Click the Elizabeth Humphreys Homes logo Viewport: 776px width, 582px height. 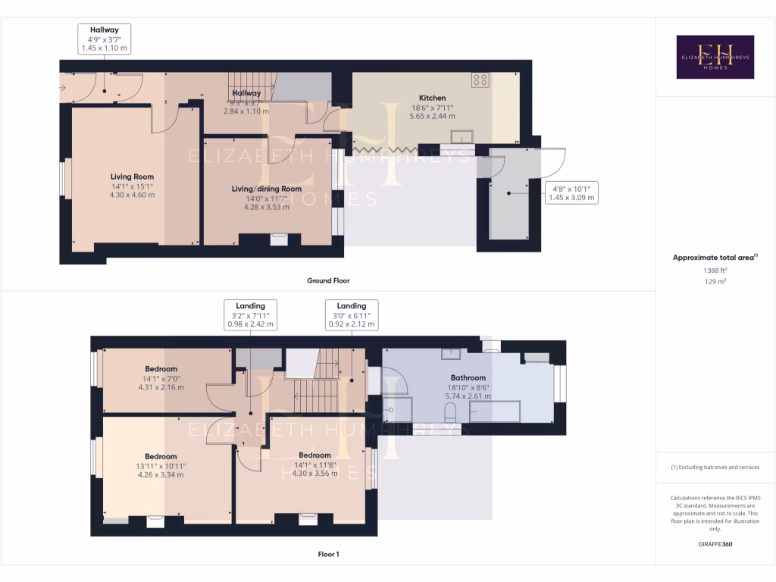(715, 57)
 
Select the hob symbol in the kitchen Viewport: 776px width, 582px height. (480, 79)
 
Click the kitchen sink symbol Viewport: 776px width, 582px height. (462, 136)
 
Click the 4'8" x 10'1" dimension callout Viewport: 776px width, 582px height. (572, 192)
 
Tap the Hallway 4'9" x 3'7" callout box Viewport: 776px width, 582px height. (105, 39)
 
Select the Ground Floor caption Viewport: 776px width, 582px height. (328, 280)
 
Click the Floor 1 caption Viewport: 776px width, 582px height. (328, 554)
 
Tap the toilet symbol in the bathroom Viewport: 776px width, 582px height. (451, 413)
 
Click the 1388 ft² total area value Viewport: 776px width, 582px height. (715, 270)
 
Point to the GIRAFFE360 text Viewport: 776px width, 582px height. (715, 544)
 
